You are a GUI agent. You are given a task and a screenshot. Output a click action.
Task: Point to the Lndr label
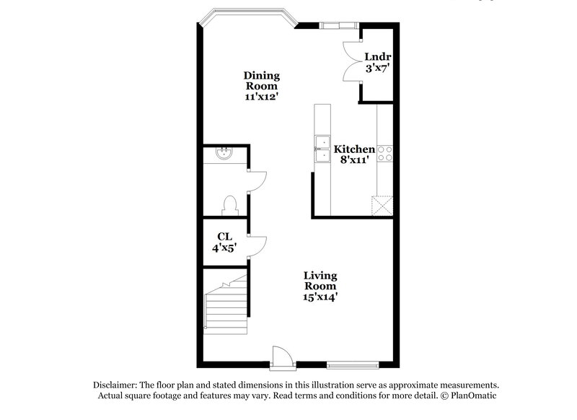point(377,56)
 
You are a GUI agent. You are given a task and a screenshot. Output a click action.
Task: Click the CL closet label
point(224,237)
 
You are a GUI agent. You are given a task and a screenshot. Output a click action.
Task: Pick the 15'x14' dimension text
point(320,296)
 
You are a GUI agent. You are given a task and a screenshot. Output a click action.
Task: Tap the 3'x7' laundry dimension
point(377,69)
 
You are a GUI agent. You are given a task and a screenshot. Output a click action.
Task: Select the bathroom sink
point(224,153)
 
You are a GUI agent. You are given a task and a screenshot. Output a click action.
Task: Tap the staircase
point(225,303)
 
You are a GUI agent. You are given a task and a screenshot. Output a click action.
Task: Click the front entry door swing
point(282,356)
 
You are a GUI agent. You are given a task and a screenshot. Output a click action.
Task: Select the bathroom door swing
point(257,180)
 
